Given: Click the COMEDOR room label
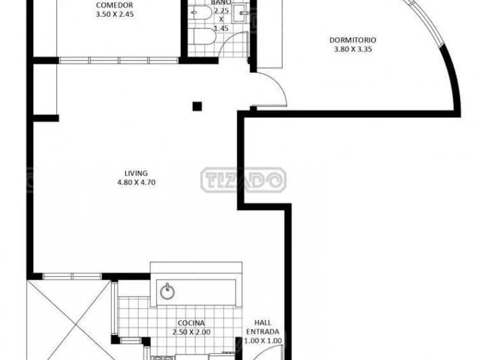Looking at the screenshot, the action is (x=114, y=5).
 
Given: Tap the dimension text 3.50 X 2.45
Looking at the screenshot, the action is (x=114, y=14).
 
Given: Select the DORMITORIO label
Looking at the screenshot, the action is (x=353, y=40).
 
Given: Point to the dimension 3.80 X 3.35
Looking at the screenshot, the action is (x=353, y=49).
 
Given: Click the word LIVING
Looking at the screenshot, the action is (x=136, y=173).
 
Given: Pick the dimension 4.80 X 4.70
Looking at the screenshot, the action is (x=137, y=182).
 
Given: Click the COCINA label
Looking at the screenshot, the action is (x=191, y=323).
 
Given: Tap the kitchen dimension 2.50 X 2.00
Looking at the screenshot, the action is (x=191, y=332).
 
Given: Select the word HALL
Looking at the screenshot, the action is (x=262, y=323).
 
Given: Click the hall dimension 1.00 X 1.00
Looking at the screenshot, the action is (x=262, y=341).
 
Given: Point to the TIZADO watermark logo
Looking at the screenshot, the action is (x=243, y=180).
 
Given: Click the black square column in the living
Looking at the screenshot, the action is (x=198, y=106).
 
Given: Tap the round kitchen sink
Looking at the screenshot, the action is (x=168, y=292).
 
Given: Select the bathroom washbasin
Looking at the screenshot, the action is (x=241, y=14).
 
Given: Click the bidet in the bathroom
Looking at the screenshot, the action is (x=201, y=13).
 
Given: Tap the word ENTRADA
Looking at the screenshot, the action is (x=262, y=332).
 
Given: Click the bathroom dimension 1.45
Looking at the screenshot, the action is (x=221, y=28).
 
